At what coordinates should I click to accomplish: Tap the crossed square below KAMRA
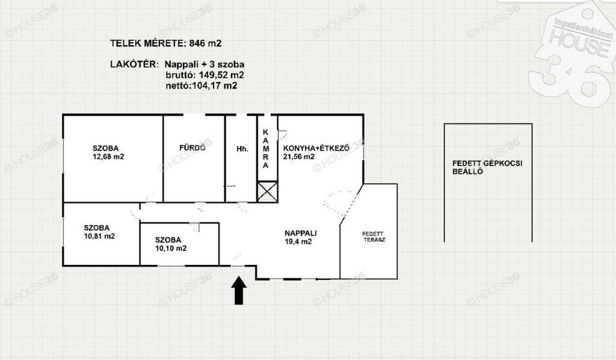[x=267, y=192]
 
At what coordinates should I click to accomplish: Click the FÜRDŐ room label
[x=192, y=147]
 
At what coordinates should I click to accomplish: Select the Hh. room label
[x=242, y=149]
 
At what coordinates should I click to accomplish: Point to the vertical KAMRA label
[x=266, y=149]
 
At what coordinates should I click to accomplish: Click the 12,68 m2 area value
[x=108, y=157]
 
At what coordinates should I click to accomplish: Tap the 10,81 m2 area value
[x=99, y=236]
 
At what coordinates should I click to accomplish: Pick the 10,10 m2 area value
[x=171, y=249]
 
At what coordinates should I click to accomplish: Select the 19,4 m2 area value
[x=298, y=241]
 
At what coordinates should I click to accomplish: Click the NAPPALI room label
[x=301, y=233]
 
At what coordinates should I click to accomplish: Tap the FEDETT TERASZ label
[x=374, y=237]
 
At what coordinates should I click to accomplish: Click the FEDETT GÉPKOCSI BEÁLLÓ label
[x=487, y=167]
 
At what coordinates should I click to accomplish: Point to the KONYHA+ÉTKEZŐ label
[x=316, y=148]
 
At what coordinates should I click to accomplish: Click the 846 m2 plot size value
[x=206, y=43]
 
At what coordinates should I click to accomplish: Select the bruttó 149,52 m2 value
[x=205, y=75]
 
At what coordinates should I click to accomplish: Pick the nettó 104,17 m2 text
[x=202, y=85]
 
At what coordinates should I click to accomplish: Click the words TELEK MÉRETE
[x=147, y=43]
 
